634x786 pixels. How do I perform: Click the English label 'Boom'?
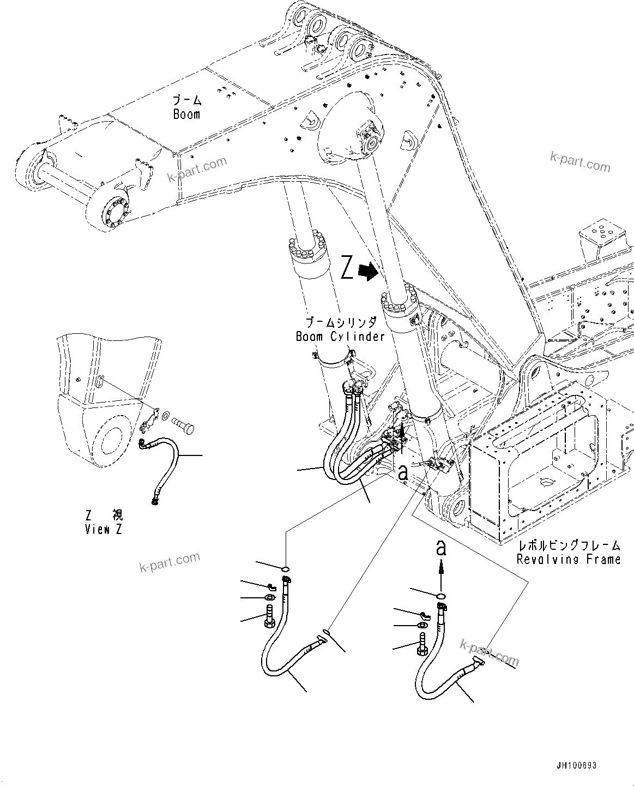point(186,115)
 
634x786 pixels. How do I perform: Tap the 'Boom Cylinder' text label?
point(340,337)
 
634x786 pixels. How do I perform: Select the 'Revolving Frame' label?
point(569,559)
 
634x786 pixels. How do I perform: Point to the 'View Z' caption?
point(104,530)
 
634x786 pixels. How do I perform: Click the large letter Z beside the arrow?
point(347,269)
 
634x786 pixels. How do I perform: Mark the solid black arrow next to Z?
point(370,271)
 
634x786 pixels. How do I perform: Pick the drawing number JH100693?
point(577,766)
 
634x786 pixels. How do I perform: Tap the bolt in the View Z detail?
point(183,422)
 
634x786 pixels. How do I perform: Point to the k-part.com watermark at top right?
point(580,162)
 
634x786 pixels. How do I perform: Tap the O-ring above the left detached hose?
point(285,570)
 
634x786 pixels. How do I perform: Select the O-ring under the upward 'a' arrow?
point(440,595)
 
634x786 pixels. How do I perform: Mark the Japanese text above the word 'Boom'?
point(187,100)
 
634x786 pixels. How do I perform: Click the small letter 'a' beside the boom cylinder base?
point(403,473)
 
